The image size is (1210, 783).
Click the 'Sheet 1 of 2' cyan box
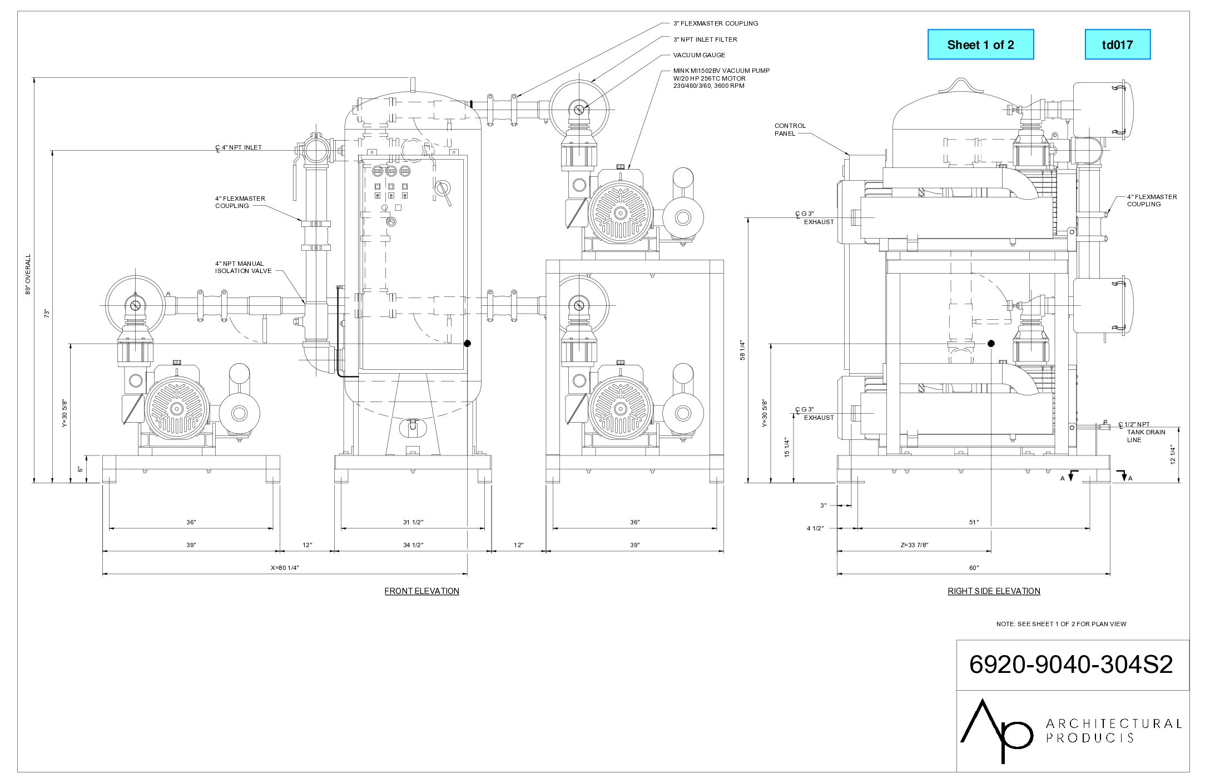[x=980, y=44]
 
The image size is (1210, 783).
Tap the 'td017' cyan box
[x=1118, y=44]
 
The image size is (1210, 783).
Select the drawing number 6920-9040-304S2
[x=1071, y=665]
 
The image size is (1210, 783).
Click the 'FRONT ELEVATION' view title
[x=421, y=591]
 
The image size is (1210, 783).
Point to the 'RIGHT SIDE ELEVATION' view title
[x=994, y=591]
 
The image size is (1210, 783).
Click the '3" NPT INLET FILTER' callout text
[x=705, y=39]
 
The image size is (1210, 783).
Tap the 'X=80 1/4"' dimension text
[x=285, y=568]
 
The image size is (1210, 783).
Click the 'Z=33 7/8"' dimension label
[x=914, y=545]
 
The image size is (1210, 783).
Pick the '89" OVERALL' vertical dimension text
[x=28, y=274]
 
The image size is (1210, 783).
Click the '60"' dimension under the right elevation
[x=974, y=568]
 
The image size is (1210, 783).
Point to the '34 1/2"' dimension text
[x=413, y=545]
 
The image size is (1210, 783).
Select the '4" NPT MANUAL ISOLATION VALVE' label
[x=243, y=267]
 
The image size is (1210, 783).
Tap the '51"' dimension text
[x=974, y=522]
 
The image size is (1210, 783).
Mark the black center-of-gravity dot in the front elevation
[x=467, y=344]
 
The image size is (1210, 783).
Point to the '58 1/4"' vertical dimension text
[x=742, y=350]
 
